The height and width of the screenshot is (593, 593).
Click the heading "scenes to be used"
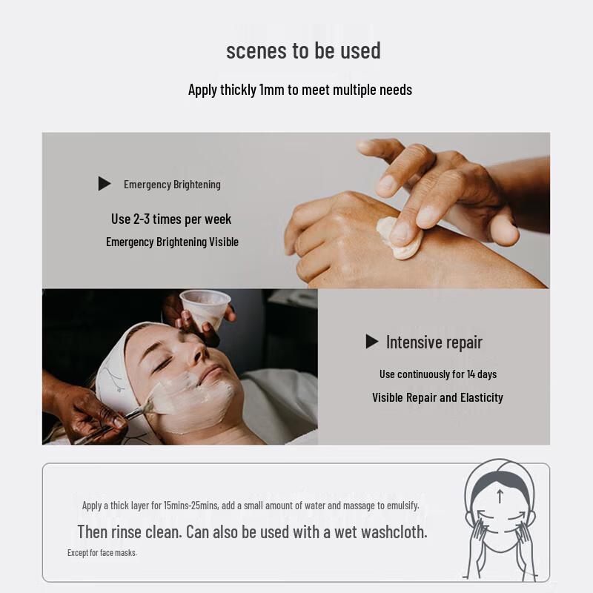(x=303, y=51)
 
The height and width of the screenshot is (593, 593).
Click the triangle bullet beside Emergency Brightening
(x=104, y=184)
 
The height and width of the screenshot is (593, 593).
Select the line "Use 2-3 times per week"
(x=171, y=219)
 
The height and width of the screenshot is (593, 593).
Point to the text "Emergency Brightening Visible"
(x=172, y=242)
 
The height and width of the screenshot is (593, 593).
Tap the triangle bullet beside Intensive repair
(x=371, y=342)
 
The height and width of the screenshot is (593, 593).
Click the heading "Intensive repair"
(x=434, y=342)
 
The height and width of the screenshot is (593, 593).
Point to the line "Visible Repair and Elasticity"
(x=437, y=397)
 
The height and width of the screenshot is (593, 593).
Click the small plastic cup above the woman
(x=205, y=305)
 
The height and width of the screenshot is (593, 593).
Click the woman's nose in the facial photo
(x=199, y=354)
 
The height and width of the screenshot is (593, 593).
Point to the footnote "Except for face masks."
(x=102, y=553)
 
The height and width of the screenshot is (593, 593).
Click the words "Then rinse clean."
(x=129, y=531)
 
